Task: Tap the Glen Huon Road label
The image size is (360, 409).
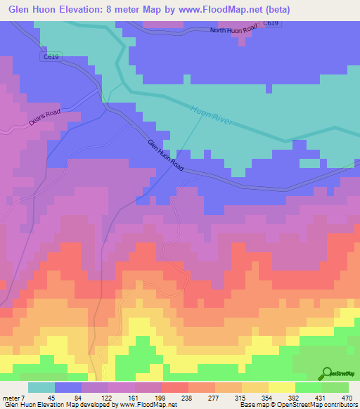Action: (x=165, y=156)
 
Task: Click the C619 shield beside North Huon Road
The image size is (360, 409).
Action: (x=271, y=23)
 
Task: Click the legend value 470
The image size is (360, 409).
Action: (x=347, y=398)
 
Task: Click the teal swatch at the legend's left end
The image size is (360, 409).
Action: (x=41, y=387)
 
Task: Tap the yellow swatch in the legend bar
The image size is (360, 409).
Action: (x=281, y=387)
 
